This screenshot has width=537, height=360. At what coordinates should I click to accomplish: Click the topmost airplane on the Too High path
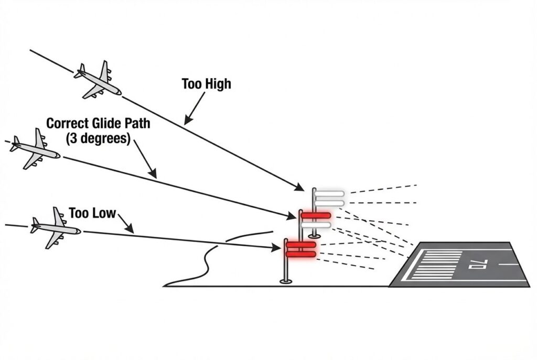[x=98, y=80]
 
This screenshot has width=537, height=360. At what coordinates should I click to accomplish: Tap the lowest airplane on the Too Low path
[x=55, y=227]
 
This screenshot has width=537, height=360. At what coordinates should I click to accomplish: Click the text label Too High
[x=206, y=84]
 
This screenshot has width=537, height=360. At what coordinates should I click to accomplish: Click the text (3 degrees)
[x=98, y=139]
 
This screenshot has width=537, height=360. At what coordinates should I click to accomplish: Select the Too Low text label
[x=92, y=213]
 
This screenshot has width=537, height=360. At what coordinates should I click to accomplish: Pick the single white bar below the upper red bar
[x=316, y=225]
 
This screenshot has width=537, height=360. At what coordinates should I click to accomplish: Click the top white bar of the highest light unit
[x=329, y=193]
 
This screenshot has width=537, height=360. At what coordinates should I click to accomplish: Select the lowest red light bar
[x=300, y=254]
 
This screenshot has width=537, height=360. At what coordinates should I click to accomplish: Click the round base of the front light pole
[x=286, y=281]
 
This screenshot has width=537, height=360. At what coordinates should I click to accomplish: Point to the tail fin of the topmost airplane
[x=81, y=70]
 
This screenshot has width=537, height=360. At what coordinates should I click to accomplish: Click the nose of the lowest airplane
[x=79, y=231]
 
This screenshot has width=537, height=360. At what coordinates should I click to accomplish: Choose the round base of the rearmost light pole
[x=314, y=236]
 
